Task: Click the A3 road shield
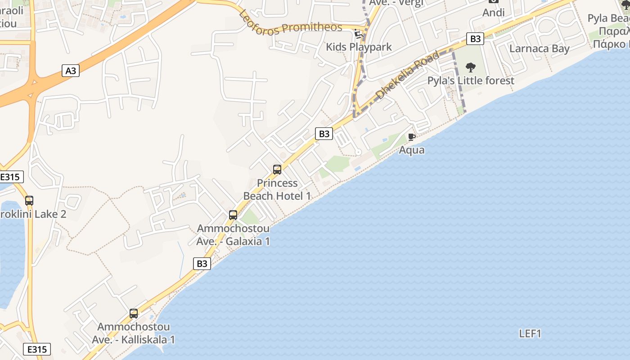pyautogui.click(x=70, y=70)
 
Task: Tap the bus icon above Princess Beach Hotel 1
pyautogui.click(x=277, y=170)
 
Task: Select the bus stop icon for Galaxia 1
pyautogui.click(x=233, y=215)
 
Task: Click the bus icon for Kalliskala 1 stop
pyautogui.click(x=134, y=314)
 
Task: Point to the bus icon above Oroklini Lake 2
pyautogui.click(x=29, y=201)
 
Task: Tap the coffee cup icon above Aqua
pyautogui.click(x=411, y=137)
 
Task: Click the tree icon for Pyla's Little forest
pyautogui.click(x=471, y=68)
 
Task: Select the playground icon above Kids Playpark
pyautogui.click(x=359, y=34)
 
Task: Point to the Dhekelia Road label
pyautogui.click(x=408, y=75)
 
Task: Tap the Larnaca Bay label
pyautogui.click(x=539, y=49)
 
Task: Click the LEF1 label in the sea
pyautogui.click(x=530, y=333)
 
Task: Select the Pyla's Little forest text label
pyautogui.click(x=471, y=81)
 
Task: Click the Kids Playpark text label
pyautogui.click(x=359, y=47)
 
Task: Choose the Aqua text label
pyautogui.click(x=412, y=150)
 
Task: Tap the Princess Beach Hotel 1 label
pyautogui.click(x=277, y=189)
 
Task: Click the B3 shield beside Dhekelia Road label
pyautogui.click(x=475, y=39)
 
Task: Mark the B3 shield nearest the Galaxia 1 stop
pyautogui.click(x=202, y=264)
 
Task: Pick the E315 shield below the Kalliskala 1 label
pyautogui.click(x=37, y=349)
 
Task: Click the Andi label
pyautogui.click(x=493, y=13)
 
